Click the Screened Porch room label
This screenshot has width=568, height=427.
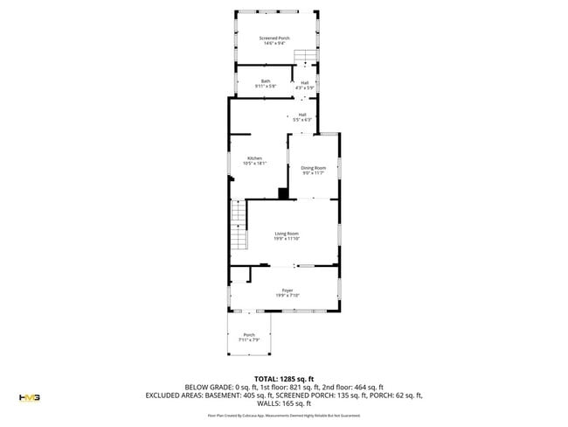[274, 38]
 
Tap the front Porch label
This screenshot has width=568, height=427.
[249, 337]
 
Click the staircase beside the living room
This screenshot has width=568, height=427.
[239, 225]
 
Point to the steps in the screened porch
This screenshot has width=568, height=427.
[302, 58]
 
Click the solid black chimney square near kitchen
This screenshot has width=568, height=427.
[283, 193]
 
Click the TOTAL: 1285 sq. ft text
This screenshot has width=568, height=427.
[284, 378]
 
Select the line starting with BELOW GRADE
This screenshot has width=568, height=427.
[284, 387]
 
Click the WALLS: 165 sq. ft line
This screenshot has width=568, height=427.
[284, 404]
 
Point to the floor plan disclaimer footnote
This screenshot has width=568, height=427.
[284, 416]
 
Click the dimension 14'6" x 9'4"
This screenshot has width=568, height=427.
[274, 42]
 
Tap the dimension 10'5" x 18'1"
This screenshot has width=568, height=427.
[254, 164]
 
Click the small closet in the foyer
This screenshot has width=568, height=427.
[240, 275]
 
